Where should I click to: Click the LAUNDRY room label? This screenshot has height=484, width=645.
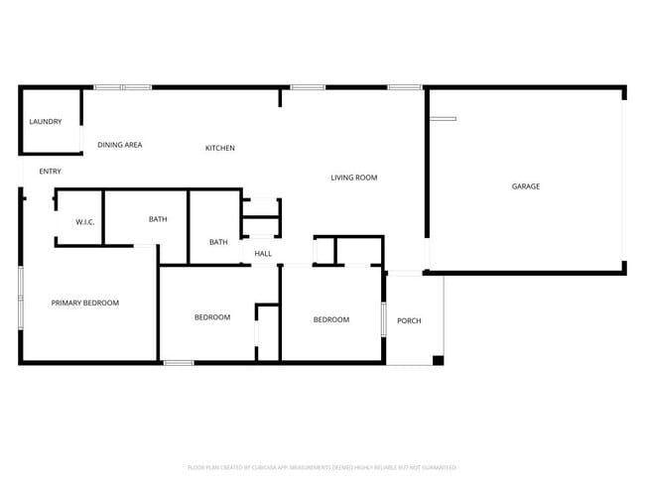46,122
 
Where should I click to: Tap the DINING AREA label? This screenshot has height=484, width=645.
119,145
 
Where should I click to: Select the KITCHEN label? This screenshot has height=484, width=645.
219,149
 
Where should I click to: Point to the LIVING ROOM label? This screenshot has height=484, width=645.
353,178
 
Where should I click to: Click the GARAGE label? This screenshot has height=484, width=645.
525,186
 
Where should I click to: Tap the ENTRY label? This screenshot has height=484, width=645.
50,172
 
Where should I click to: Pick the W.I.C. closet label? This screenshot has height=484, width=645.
84,221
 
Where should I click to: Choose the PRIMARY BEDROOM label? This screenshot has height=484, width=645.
85,302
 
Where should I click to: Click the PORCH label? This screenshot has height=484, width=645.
409,320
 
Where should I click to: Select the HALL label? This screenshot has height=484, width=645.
263,254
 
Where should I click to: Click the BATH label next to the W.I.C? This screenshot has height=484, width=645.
158,219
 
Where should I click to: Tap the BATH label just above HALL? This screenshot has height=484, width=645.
218,242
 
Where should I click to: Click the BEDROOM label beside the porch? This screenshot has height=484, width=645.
331,319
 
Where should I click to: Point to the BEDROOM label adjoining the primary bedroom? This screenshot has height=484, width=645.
211,317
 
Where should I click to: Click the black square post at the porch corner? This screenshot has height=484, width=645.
438,359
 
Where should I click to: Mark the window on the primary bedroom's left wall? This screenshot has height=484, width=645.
21,297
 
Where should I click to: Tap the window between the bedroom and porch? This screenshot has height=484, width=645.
383,319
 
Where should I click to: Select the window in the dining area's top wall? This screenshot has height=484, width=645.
122,87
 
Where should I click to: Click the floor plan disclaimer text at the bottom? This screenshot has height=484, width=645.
322,466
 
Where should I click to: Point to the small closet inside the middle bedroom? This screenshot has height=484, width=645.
267,333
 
